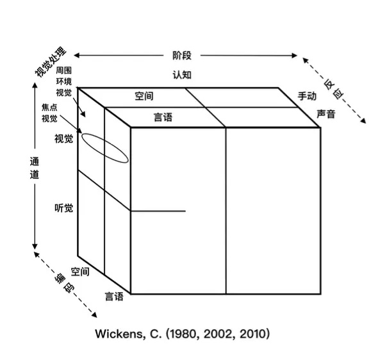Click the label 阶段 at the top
click(x=182, y=56)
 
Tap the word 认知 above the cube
click(x=182, y=75)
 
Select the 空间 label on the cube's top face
click(x=144, y=96)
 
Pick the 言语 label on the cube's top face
click(x=163, y=117)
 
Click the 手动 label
click(x=307, y=96)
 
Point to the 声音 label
click(x=326, y=114)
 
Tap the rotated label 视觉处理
click(x=51, y=62)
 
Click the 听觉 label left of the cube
click(x=63, y=208)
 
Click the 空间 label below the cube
click(x=80, y=272)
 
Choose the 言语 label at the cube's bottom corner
click(x=114, y=296)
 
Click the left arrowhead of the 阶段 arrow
click(x=76, y=56)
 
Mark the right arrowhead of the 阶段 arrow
click(x=294, y=56)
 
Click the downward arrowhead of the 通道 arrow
click(x=35, y=246)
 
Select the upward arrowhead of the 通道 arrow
click(x=35, y=86)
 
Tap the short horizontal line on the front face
click(x=158, y=211)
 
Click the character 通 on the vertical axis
click(x=35, y=161)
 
